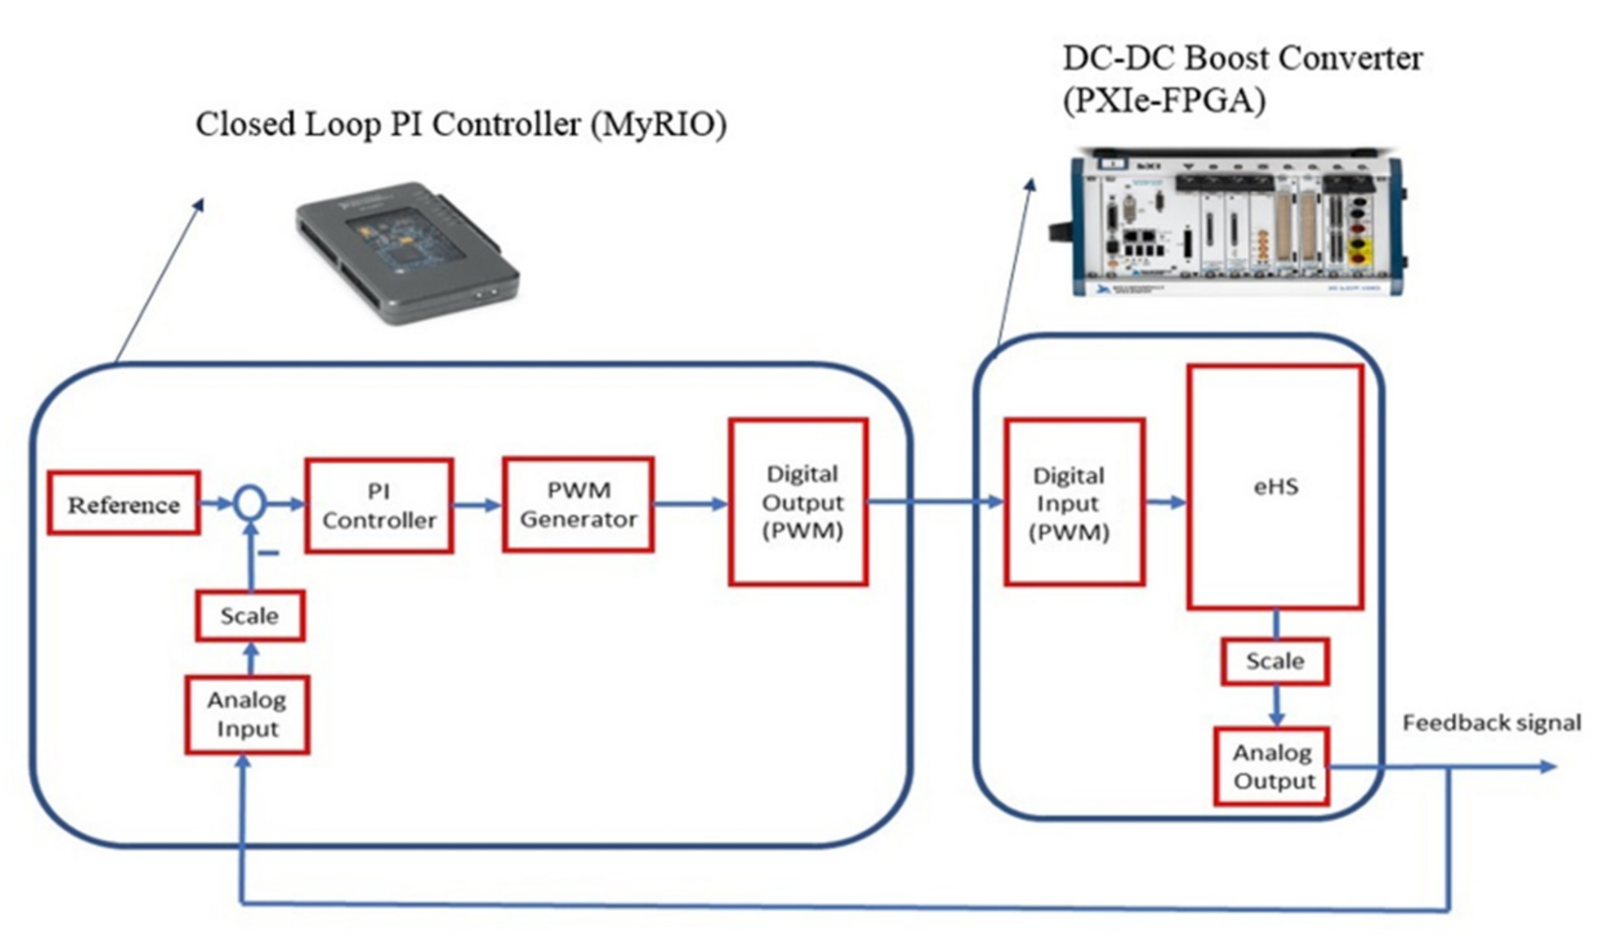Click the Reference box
pyautogui.click(x=123, y=503)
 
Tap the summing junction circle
pyautogui.click(x=250, y=503)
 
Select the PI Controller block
pyautogui.click(x=379, y=505)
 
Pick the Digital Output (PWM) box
pyautogui.click(x=798, y=502)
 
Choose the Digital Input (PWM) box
pyautogui.click(x=1074, y=502)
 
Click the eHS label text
pyautogui.click(x=1275, y=487)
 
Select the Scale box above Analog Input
pyautogui.click(x=250, y=616)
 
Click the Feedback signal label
pyautogui.click(x=1491, y=723)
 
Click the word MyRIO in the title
pyautogui.click(x=657, y=124)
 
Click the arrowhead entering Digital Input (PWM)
pyautogui.click(x=995, y=502)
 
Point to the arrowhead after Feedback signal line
pyautogui.click(x=1548, y=766)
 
